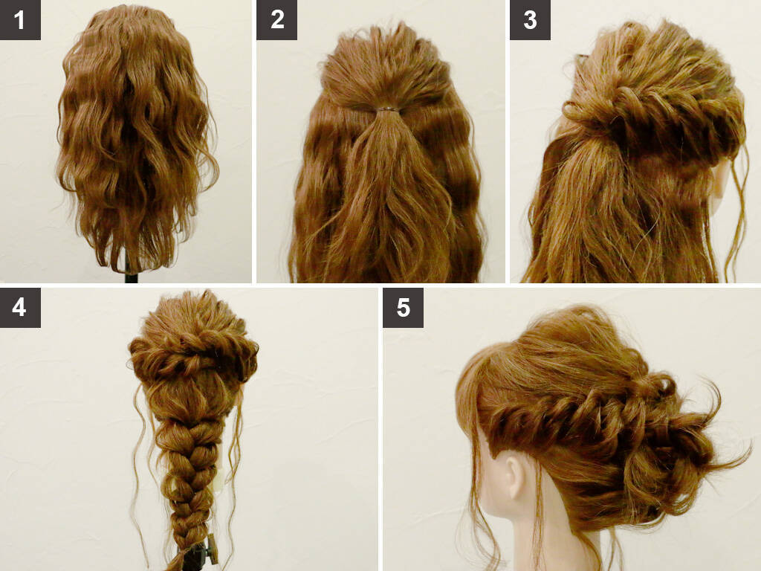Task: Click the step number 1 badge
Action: (x=20, y=20)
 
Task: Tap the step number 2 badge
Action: (x=276, y=20)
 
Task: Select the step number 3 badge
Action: (x=530, y=20)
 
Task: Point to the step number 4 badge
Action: (x=20, y=307)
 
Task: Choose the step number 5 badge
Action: (x=403, y=307)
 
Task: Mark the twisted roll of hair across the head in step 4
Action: (x=193, y=352)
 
